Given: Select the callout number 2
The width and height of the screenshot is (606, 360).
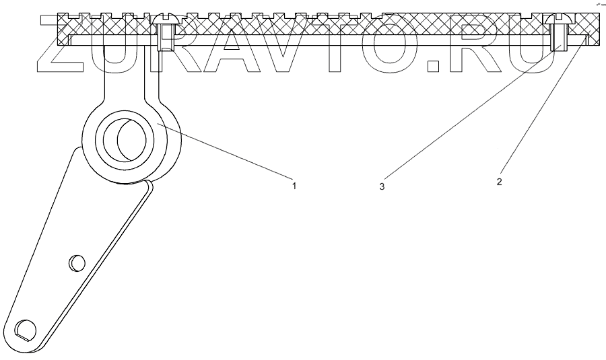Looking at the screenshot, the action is click(499, 182).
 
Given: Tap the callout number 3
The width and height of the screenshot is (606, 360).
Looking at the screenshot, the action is click(382, 186).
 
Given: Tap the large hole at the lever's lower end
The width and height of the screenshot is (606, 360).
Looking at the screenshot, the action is click(26, 328).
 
